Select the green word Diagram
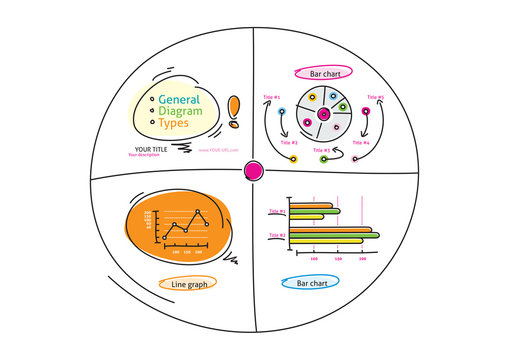point(180,112)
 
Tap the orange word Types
point(174,124)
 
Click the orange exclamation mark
point(234,113)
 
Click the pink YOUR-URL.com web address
point(218,150)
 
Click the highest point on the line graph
point(199,212)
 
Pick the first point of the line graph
point(164,237)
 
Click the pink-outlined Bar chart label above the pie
point(320,73)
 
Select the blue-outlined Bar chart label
point(312,284)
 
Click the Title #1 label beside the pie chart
point(271,97)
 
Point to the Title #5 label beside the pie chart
point(375,97)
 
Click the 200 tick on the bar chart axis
point(361,258)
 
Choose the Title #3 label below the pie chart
point(320,150)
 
